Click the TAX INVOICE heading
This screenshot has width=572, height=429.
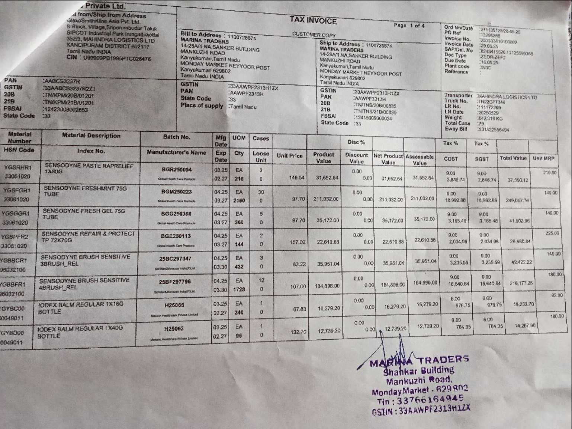coord(313,21)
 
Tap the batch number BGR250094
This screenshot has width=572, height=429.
coord(176,170)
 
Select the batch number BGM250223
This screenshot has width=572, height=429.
coord(176,192)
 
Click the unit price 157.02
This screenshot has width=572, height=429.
coord(298,242)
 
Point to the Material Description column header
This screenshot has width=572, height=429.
coord(91,136)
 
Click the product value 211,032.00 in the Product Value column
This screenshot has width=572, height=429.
coord(326,199)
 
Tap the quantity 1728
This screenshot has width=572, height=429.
coord(239,289)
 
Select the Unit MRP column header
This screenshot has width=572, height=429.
coord(543,158)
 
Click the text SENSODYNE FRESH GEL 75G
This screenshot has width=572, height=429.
coord(84,211)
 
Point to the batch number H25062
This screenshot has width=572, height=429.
coord(174,329)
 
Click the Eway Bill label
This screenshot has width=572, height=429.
coord(456,129)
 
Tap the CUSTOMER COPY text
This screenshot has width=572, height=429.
coord(314,35)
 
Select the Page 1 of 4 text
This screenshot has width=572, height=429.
coord(409,26)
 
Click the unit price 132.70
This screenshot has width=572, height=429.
coord(298,332)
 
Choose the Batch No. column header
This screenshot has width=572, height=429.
coord(176,137)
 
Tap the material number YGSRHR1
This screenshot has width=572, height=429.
coord(17,167)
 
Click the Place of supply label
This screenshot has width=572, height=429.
coord(202,106)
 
